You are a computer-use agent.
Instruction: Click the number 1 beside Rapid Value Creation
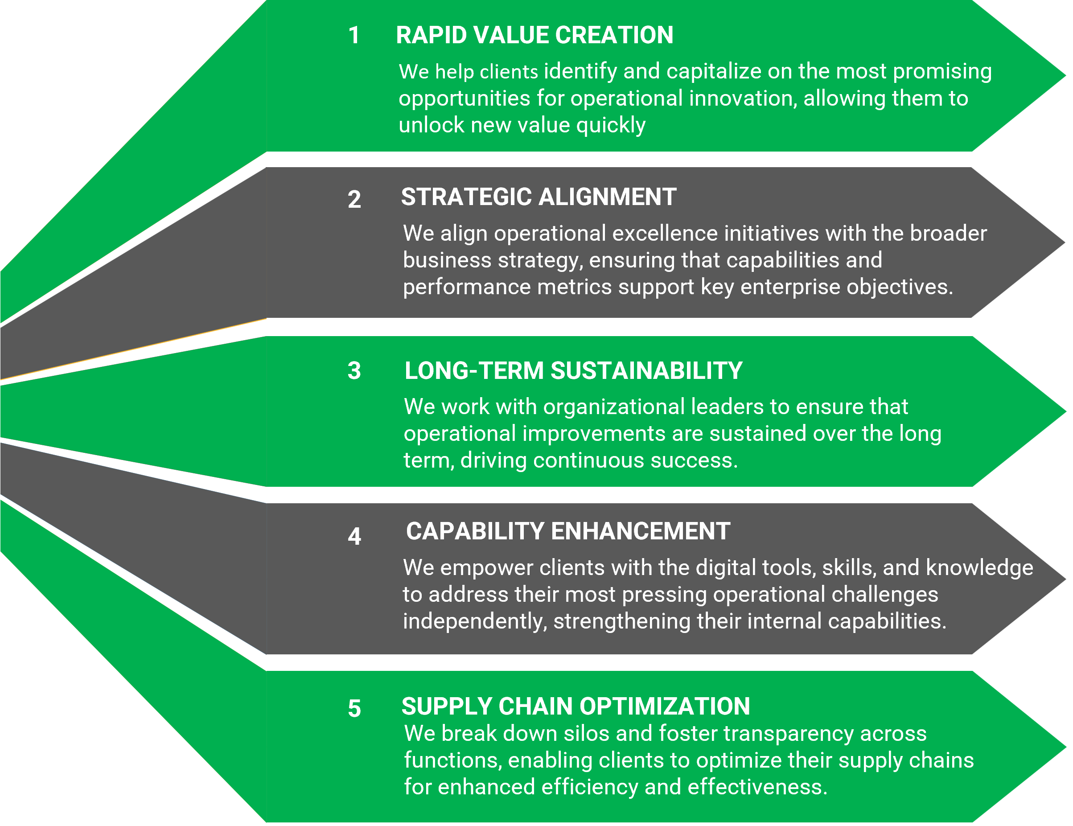click(354, 35)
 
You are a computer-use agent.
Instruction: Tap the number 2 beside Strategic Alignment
click(354, 200)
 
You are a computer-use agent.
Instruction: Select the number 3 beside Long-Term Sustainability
click(354, 370)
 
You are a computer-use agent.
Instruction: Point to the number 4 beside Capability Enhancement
click(354, 536)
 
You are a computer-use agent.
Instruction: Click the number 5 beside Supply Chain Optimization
click(354, 709)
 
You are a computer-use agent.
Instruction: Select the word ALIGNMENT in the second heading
click(607, 197)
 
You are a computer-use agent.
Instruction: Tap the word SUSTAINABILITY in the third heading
click(646, 370)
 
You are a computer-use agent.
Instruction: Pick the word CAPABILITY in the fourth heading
click(475, 531)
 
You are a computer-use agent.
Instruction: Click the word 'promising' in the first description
click(942, 72)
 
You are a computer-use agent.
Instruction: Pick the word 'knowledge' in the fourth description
click(980, 568)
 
